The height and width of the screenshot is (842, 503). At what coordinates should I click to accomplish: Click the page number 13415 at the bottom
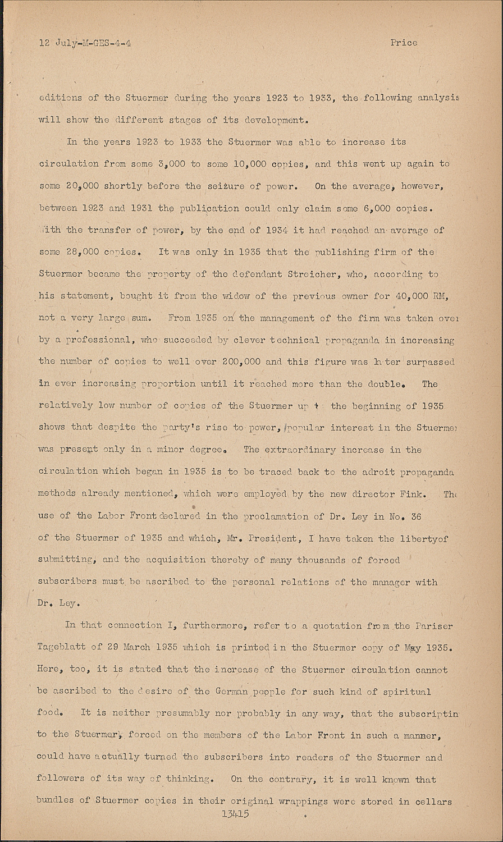(235, 813)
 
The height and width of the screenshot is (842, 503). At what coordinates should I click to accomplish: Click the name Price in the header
(404, 43)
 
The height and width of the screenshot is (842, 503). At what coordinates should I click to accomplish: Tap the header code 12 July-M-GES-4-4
(85, 43)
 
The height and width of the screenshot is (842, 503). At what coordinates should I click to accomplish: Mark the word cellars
(433, 802)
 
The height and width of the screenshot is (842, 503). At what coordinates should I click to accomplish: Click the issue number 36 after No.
(416, 516)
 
